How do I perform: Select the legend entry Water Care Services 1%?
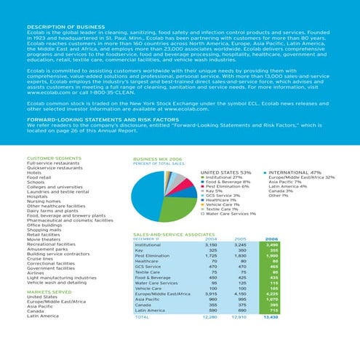click(231, 213)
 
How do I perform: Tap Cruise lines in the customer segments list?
click(41, 258)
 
